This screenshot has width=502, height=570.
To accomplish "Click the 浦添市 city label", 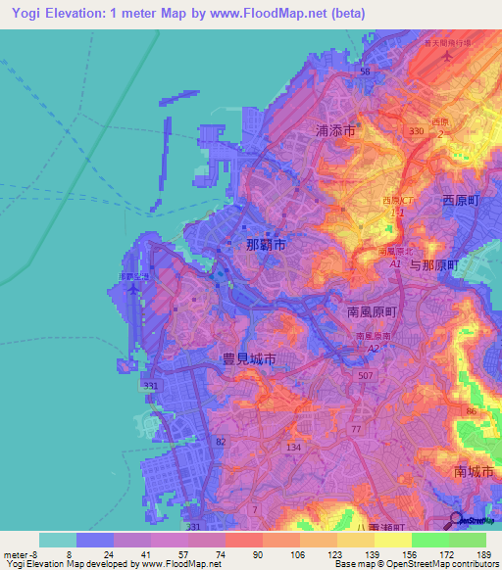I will [x=336, y=128].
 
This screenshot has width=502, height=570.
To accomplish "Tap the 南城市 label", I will [x=476, y=472].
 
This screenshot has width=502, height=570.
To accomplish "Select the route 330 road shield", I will [x=417, y=130].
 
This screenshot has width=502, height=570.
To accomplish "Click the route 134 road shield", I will [x=293, y=447].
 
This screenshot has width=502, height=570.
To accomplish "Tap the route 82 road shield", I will [x=221, y=442].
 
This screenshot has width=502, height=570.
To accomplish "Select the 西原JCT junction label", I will [x=393, y=203].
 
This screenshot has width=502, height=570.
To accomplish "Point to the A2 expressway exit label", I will [x=373, y=348].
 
